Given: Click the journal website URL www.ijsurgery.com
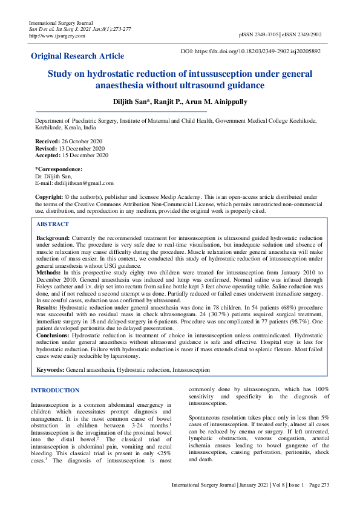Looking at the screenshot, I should pyautogui.click(x=52, y=36).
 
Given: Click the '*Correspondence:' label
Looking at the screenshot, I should pyautogui.click(x=59, y=169).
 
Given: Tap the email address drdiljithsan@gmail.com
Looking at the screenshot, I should pyautogui.click(x=83, y=183).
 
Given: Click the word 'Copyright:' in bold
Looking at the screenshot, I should pyautogui.click(x=50, y=197).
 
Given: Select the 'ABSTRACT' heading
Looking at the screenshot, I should pyautogui.click(x=53, y=224).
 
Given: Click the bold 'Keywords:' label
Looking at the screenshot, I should pyautogui.click(x=51, y=368).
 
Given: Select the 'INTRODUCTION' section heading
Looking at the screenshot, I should pyautogui.click(x=55, y=391).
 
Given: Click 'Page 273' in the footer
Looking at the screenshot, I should pyautogui.click(x=318, y=501).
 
